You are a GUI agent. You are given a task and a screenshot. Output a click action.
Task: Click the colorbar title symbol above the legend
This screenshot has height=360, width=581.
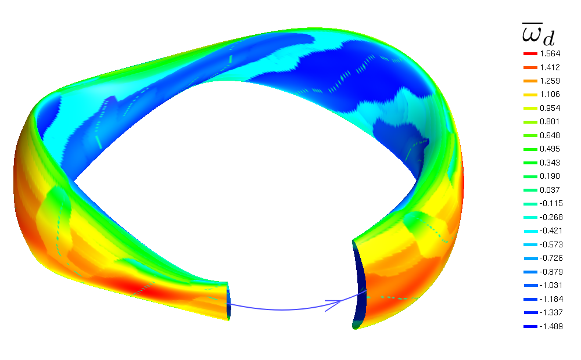click(x=539, y=34)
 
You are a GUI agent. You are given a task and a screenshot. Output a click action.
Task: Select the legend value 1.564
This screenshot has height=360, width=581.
click(x=550, y=53)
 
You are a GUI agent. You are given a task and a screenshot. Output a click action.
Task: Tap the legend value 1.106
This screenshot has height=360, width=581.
click(x=550, y=95)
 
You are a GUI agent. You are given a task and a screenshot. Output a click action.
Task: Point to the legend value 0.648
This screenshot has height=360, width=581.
click(x=550, y=135)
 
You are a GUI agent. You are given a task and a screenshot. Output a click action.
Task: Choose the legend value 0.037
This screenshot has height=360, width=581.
click(x=550, y=190)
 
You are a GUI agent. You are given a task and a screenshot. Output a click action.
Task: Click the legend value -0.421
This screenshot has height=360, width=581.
click(x=551, y=231)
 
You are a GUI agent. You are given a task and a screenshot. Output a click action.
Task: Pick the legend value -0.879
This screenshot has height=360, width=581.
click(x=551, y=272)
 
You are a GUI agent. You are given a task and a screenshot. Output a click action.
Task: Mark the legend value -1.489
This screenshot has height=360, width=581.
click(x=551, y=326)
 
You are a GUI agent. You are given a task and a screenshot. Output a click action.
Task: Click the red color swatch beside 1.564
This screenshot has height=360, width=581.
click(x=530, y=53)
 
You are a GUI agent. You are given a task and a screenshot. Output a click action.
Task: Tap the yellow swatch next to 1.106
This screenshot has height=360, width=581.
click(x=530, y=95)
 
